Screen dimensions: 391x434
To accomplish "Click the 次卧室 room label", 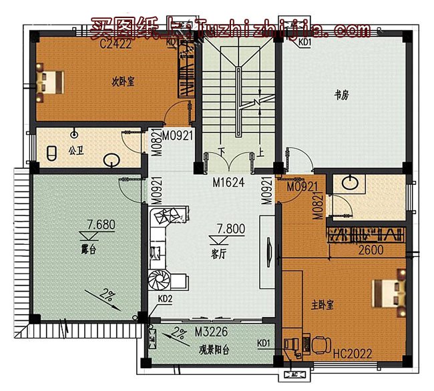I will coord(123,83).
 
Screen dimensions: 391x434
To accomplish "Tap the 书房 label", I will coord(341,95).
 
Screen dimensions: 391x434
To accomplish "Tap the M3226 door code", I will coord(209,332).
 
